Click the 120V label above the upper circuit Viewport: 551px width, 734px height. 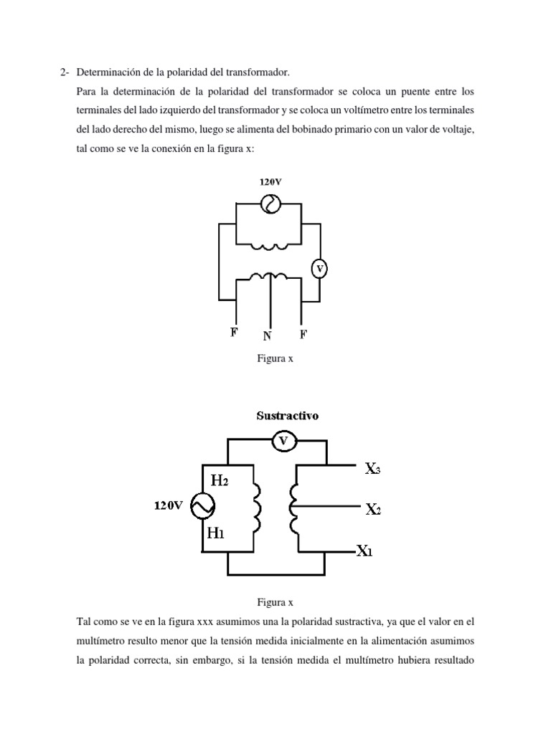pos(270,182)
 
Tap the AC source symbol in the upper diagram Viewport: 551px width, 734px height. pos(270,205)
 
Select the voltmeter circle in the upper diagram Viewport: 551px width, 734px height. pos(320,269)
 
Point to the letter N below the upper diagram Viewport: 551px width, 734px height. pos(268,335)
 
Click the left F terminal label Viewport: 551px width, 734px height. pos(235,333)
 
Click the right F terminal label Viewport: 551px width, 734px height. pos(303,333)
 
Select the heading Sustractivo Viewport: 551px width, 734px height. pos(288,416)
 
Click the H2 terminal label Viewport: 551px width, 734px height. pos(218,480)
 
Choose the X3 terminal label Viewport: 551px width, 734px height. pos(372,469)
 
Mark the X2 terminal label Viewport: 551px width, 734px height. pos(372,510)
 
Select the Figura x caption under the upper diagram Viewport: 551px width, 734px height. pos(275,359)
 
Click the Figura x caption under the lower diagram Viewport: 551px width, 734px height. pos(275,603)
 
